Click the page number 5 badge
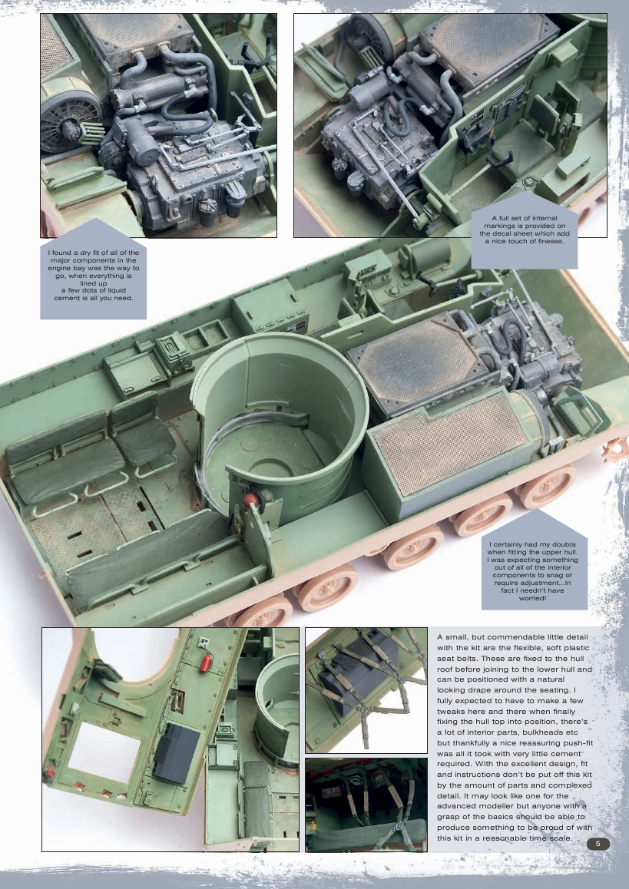[598, 844]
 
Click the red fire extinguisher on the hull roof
[205, 662]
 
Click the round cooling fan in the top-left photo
[68, 122]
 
